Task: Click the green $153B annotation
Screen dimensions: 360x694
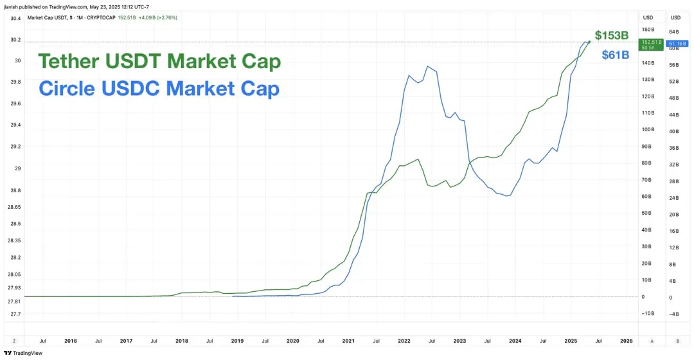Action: [610, 35]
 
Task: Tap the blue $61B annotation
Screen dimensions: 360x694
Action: [615, 55]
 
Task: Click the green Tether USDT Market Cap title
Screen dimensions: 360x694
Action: [159, 62]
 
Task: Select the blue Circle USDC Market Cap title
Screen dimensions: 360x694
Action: [159, 88]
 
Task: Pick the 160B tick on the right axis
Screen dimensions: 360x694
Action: [648, 30]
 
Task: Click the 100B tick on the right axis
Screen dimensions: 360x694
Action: [648, 130]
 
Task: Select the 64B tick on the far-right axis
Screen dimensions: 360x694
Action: [674, 32]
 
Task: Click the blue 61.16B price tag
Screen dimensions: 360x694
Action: [679, 44]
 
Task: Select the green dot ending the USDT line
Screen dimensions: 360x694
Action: [589, 42]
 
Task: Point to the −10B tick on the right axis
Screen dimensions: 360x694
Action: [647, 313]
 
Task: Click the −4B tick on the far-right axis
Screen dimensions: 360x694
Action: [674, 314]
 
